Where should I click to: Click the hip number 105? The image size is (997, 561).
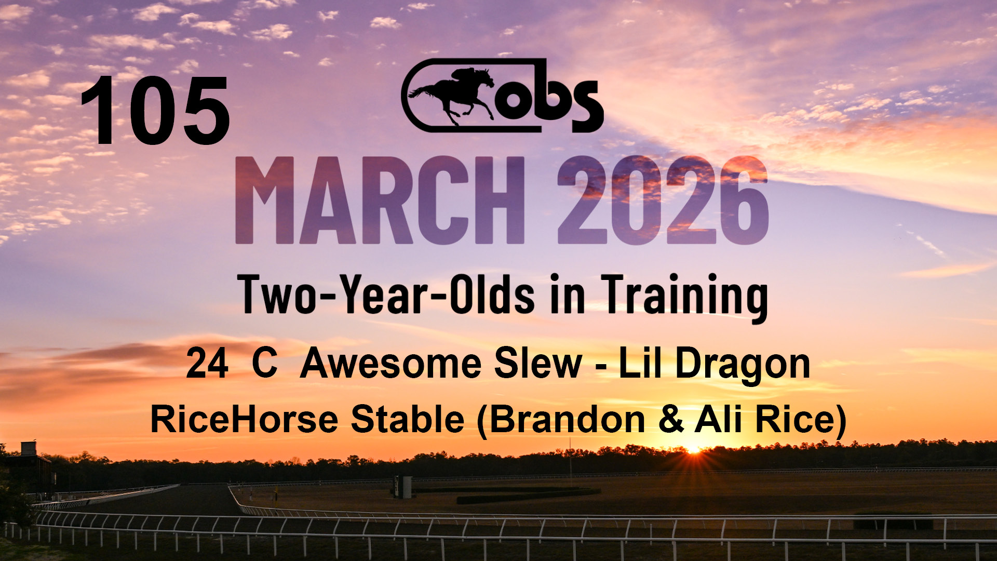pos(155,110)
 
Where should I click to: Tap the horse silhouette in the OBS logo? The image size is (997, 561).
pos(452,96)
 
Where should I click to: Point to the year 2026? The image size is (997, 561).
pos(663,200)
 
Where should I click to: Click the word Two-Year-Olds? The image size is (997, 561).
pos(387,294)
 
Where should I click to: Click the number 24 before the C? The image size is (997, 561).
pos(207,364)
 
